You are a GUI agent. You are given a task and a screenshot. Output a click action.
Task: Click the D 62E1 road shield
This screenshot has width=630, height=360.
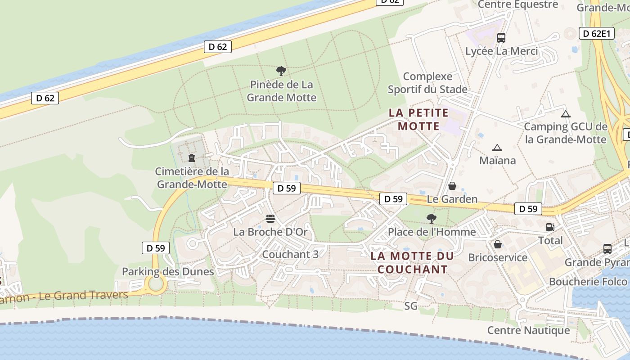coord(597,33)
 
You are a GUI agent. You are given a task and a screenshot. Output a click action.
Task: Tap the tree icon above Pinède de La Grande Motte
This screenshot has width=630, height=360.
coord(281,71)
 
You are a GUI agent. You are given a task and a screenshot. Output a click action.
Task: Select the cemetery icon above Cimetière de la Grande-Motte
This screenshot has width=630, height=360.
coord(192,158)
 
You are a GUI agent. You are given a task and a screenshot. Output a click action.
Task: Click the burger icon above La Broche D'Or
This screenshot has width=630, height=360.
coord(270,219)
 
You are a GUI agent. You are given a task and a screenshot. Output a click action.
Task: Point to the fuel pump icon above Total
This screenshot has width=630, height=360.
coord(549,227)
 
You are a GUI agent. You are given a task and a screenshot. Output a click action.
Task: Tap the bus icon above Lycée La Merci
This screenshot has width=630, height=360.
coord(501,38)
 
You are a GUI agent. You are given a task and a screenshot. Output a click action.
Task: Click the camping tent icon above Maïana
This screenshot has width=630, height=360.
coord(497,148)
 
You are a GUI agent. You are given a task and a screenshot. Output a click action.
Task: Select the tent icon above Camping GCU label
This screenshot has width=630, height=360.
coord(566,114)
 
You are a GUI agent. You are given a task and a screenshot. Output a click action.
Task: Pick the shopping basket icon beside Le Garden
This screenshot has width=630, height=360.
coord(453,186)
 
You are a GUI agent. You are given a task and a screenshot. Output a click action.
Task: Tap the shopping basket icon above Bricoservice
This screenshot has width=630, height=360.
coord(498,244)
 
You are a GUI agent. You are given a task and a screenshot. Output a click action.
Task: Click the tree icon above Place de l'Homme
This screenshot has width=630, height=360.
coord(432,219)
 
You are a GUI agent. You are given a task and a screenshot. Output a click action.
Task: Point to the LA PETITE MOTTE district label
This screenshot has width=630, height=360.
coord(418,119)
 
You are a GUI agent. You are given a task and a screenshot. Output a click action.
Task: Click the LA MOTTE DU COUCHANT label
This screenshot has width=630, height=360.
coord(412,263)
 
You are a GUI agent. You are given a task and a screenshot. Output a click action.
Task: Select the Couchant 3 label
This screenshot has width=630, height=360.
coord(290,254)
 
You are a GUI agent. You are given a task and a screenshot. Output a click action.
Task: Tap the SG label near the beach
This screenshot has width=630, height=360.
coord(411,306)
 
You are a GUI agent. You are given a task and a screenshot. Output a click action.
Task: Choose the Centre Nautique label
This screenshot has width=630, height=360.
coord(529,331)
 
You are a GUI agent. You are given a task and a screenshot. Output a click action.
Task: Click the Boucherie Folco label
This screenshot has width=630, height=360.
coord(588,282)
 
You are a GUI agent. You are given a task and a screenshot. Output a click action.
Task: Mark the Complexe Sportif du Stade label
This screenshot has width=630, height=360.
coord(427,83)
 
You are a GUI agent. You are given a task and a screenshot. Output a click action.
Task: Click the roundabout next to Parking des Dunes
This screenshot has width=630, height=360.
coord(156,284)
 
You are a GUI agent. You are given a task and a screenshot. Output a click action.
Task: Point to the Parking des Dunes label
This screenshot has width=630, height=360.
coord(168,271)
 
